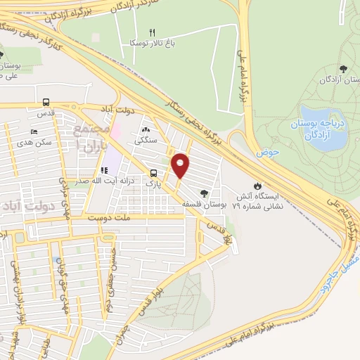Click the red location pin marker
(181, 165)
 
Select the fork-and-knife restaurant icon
(153, 32)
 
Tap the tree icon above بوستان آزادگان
(342, 68)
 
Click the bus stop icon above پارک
(153, 173)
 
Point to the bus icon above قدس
(46, 101)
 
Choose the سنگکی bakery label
(146, 140)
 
